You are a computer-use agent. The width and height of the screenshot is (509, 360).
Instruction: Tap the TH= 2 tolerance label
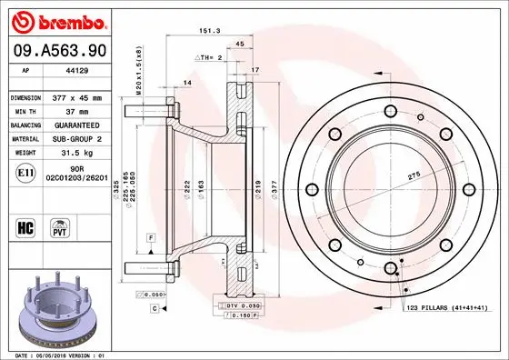pyautogui.click(x=210, y=56)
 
